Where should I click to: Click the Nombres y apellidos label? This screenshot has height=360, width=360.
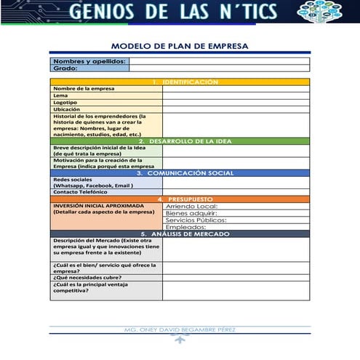coord(89,62)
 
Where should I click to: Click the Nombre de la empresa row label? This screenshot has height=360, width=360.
coord(82,89)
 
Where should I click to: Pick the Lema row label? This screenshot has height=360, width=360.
coord(60,95)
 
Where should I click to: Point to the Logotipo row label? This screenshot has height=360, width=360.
coord(65,103)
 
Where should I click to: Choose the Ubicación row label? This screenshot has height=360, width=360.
coord(67,109)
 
